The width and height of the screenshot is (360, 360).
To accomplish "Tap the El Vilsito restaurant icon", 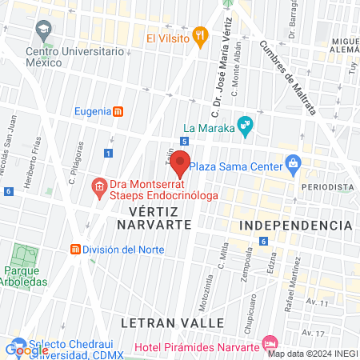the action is click(200, 37).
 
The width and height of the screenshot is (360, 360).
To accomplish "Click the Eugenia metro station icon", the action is click(118, 111).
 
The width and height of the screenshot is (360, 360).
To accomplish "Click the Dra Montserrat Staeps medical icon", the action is click(99, 188).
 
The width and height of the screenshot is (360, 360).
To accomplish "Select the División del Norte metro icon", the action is click(77, 249).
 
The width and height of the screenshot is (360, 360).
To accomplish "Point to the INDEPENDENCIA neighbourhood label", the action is click(296, 225).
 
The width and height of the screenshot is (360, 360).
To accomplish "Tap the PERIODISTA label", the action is click(327, 186).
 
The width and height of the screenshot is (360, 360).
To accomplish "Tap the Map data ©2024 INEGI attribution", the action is click(311, 354).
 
